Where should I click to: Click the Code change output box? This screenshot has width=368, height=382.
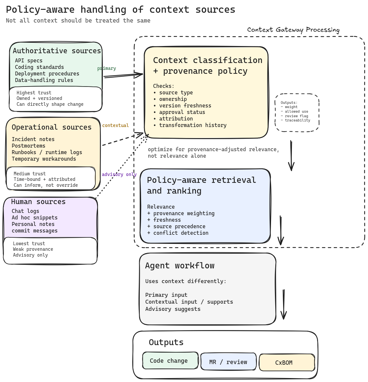pos(170,361)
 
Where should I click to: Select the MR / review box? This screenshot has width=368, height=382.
pos(228,362)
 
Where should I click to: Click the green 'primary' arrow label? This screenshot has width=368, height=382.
pos(106,69)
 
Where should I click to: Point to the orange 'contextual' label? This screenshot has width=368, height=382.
pos(115,125)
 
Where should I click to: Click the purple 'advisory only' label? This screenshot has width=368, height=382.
pos(119,174)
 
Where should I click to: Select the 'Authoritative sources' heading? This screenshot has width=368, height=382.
pos(57,51)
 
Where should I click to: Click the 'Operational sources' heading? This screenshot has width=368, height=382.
pos(52,127)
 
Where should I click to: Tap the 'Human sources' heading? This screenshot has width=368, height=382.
pos(38,202)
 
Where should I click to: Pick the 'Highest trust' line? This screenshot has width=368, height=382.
pos(34,93)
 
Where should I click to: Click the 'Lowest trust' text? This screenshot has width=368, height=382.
pos(29,244)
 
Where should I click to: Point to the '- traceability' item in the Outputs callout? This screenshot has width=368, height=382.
pos(296,120)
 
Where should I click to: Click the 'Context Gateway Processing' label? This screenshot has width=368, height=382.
pos(293,30)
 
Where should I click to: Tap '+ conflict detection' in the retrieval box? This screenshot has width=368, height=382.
pos(178,233)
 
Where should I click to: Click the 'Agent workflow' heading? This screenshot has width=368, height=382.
pos(180,266)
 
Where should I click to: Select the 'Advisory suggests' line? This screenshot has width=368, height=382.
pos(173,309)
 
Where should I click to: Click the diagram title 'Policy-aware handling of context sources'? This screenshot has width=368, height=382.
pos(120,10)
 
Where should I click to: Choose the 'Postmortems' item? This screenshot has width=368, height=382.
pos(28,146)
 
